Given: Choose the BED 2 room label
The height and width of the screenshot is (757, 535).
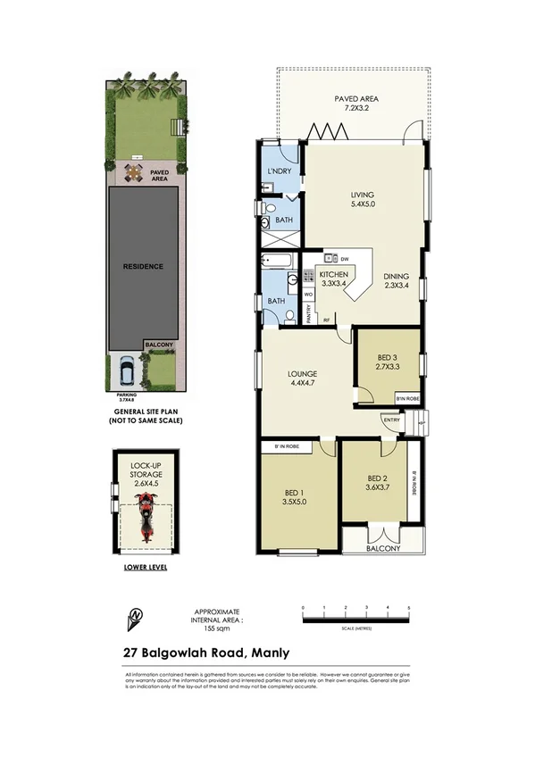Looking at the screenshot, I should coord(377,483).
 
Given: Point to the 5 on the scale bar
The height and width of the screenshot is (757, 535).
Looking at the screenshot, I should coord(409,607).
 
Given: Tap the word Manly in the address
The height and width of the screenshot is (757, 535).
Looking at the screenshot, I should coord(270,653).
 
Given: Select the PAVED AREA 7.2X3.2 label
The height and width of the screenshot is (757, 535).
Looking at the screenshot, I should coord(353,100).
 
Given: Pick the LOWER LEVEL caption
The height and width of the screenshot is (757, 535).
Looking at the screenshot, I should coord(145,567).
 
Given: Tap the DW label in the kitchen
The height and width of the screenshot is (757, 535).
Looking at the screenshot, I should coord(344,259).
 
